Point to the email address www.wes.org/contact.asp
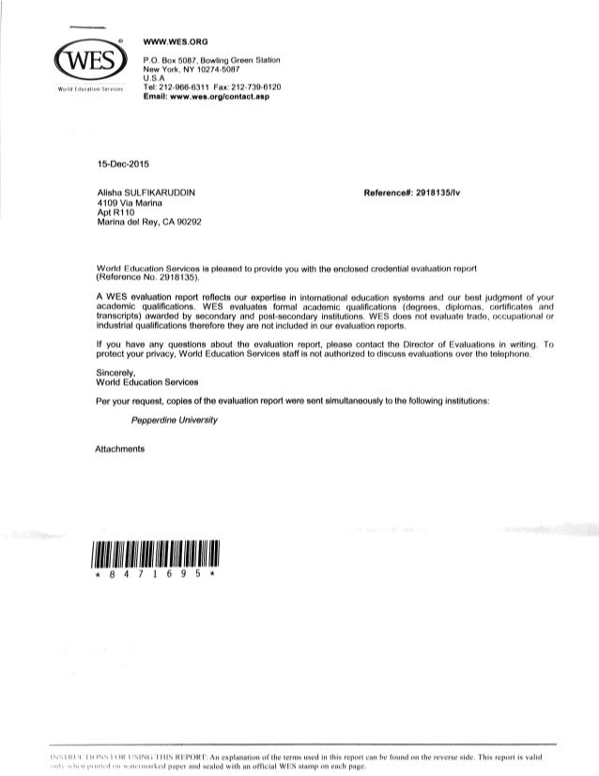point(212,95)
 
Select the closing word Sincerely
point(120,373)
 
